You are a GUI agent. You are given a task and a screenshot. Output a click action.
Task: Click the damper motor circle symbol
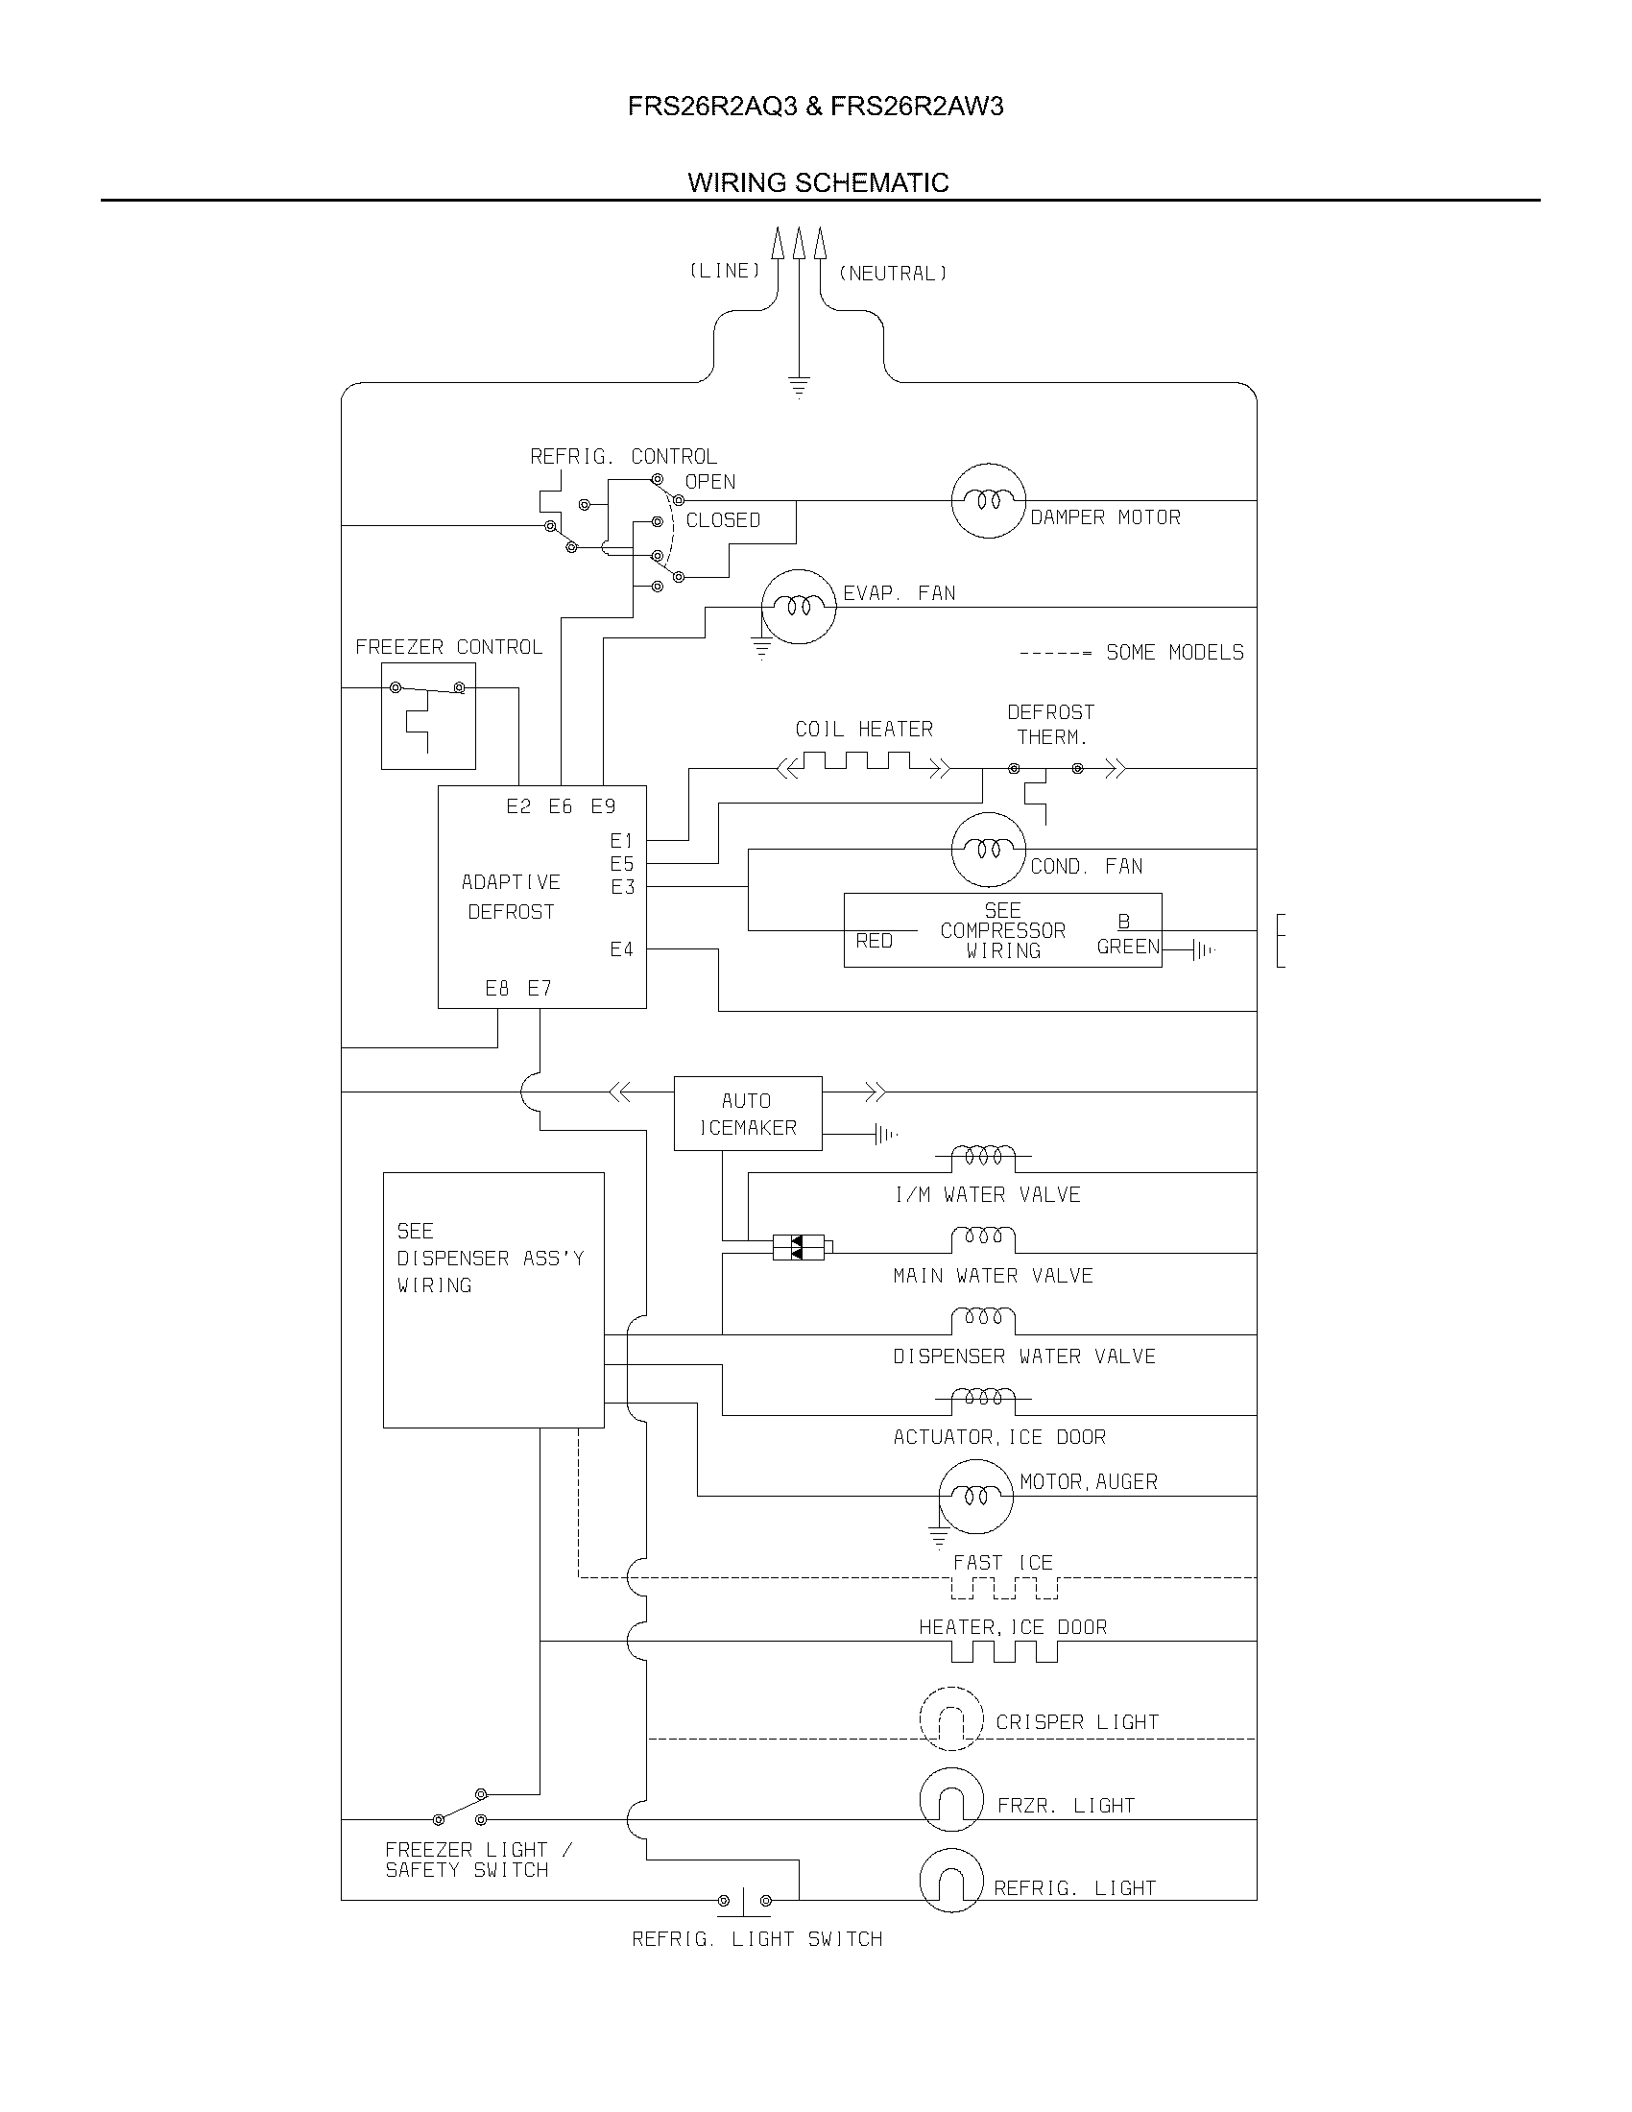coord(988,500)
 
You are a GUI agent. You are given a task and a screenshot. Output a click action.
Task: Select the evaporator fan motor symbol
coord(798,607)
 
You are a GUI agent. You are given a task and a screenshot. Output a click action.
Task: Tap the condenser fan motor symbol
coord(988,849)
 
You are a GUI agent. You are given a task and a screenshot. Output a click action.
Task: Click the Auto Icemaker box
coord(747,1113)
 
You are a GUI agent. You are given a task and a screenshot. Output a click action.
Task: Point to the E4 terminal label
coord(622,949)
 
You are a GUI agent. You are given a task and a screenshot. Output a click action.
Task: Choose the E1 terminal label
coord(621,840)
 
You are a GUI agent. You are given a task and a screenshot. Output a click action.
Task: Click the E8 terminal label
coord(497,987)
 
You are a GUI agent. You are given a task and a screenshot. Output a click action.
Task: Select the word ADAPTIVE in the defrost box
coord(511,882)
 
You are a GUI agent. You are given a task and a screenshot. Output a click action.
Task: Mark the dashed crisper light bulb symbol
coord(950,1717)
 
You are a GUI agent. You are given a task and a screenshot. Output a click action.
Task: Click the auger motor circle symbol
coord(976,1496)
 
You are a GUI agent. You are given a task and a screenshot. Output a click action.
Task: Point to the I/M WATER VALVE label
coord(987,1194)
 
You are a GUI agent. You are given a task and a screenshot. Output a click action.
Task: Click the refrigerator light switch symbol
coord(744,1900)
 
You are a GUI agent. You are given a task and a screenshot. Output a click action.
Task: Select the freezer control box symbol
coord(428,715)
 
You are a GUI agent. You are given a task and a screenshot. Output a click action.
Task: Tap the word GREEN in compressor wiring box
coord(1127,947)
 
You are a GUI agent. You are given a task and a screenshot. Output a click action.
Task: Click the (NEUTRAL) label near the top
coord(893,274)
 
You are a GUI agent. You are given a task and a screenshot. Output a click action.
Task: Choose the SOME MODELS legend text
coord(1174,652)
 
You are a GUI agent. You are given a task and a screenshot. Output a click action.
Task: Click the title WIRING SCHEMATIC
coord(818,182)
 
